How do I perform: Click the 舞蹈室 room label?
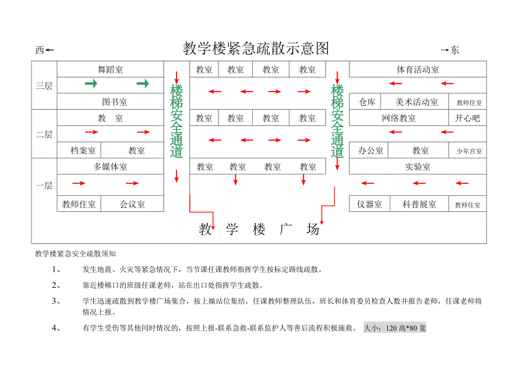[x=111, y=70]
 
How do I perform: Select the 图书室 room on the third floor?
[x=115, y=102]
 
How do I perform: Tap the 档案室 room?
[x=83, y=151]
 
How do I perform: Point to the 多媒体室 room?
[x=111, y=167]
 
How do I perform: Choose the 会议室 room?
[x=132, y=205]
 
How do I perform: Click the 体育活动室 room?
[x=418, y=70]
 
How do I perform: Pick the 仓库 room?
[x=367, y=102]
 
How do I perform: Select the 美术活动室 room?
[x=417, y=102]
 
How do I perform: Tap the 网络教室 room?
[x=398, y=118]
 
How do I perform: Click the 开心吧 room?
[x=468, y=118]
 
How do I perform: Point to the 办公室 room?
[x=370, y=151]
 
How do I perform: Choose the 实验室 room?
[x=418, y=167]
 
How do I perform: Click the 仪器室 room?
[x=369, y=205]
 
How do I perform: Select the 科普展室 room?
[x=419, y=205]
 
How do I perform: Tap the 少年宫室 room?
[x=469, y=151]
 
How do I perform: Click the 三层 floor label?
[x=44, y=85]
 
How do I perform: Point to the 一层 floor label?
[x=44, y=186]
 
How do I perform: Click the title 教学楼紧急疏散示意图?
[x=256, y=48]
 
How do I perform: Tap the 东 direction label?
[x=455, y=50]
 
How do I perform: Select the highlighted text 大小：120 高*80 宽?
[x=394, y=328]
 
